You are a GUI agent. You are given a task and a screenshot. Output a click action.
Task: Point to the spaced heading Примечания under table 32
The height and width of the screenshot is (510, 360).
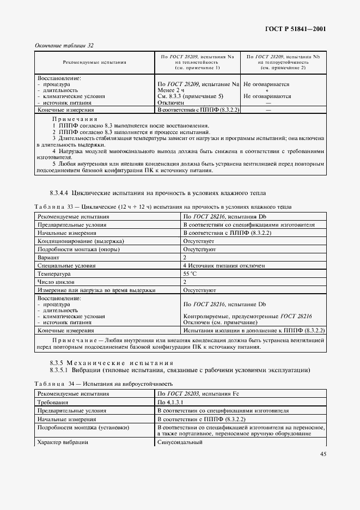pyautogui.click(x=75, y=118)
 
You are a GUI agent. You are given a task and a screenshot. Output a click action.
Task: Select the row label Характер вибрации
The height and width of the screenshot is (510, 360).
pyautogui.click(x=63, y=442)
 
